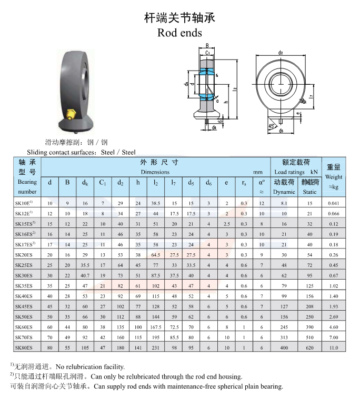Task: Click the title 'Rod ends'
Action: point(179,33)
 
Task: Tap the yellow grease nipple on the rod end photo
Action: point(71,114)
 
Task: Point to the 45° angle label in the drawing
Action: point(272,126)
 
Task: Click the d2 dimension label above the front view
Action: point(281,53)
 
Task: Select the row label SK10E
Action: point(24,203)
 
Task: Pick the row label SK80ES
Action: point(24,348)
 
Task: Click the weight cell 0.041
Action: point(334,203)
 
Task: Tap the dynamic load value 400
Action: point(284,348)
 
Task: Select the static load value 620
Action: point(309,348)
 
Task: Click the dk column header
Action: point(85,183)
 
